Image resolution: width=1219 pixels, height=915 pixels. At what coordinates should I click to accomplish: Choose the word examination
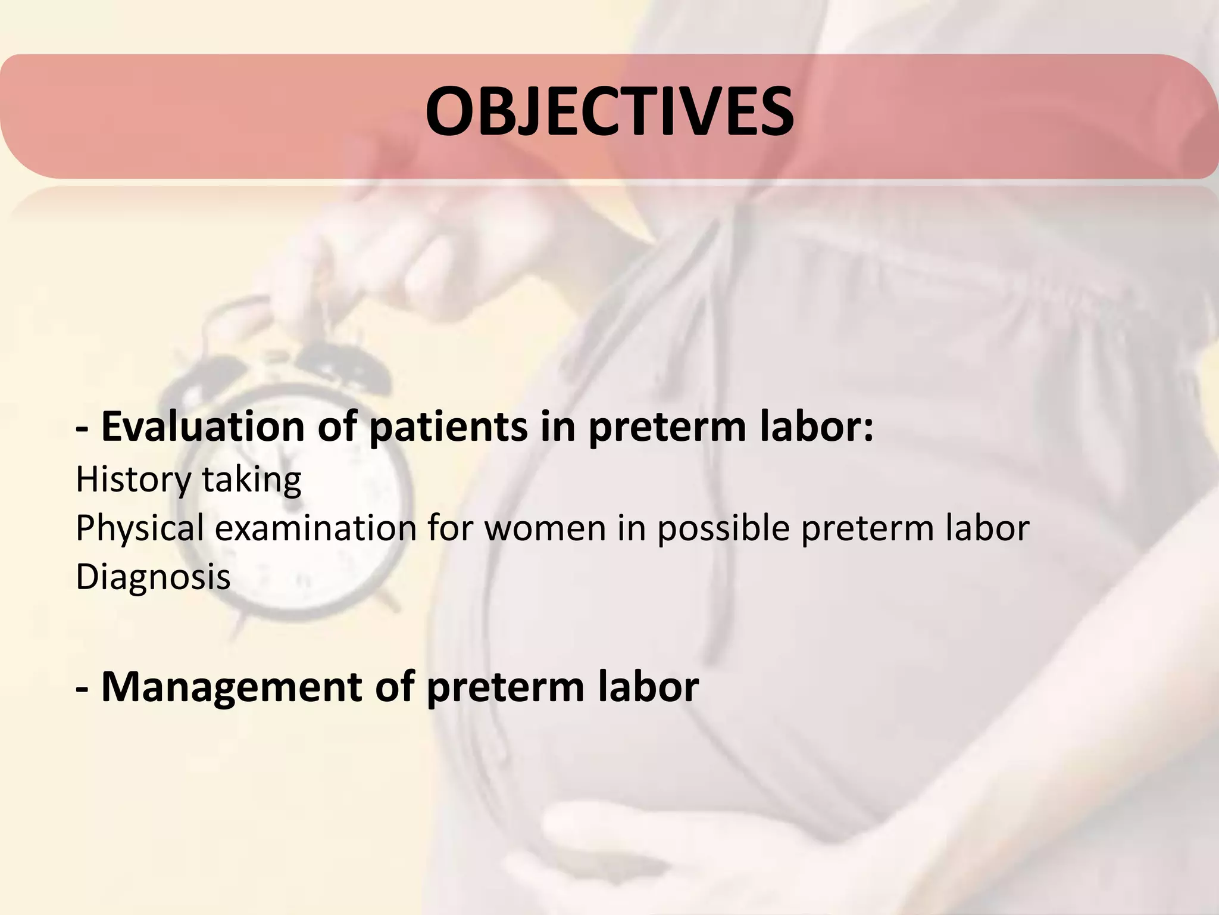pyautogui.click(x=315, y=528)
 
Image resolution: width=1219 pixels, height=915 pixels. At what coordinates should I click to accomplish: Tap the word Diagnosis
pyautogui.click(x=153, y=577)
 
